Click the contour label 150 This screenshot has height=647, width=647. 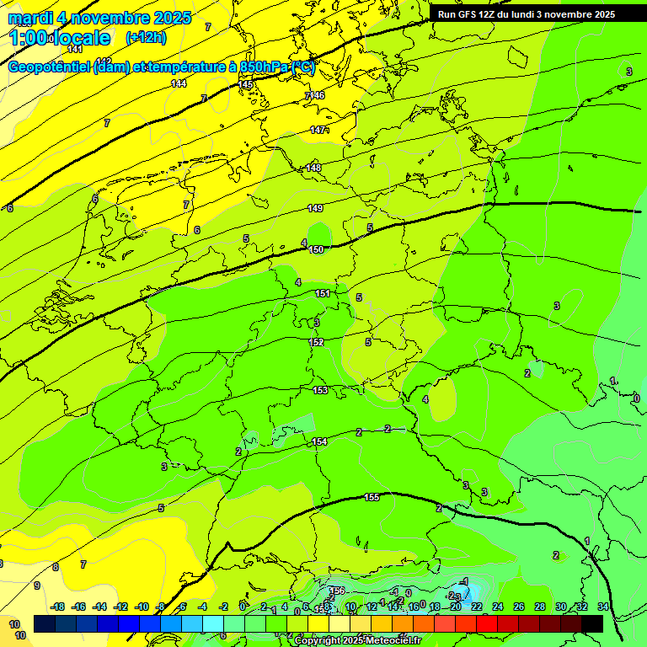pyautogui.click(x=316, y=249)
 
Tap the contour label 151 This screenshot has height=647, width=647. pyautogui.click(x=323, y=293)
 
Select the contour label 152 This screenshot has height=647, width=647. pyautogui.click(x=317, y=342)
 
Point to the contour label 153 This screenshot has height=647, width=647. pyautogui.click(x=320, y=390)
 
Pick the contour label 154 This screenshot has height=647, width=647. pyautogui.click(x=319, y=441)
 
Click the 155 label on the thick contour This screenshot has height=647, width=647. pyautogui.click(x=372, y=497)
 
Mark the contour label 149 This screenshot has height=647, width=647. pyautogui.click(x=315, y=208)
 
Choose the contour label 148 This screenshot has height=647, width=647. pyautogui.click(x=313, y=168)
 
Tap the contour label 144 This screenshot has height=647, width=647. pyautogui.click(x=179, y=83)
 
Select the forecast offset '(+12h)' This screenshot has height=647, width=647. pyautogui.click(x=146, y=37)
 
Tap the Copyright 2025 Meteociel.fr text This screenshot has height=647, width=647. pyautogui.click(x=357, y=641)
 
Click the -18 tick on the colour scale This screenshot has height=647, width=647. pyautogui.click(x=58, y=607)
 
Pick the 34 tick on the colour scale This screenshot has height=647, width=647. pyautogui.click(x=602, y=607)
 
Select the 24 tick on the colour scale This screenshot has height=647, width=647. pyautogui.click(x=498, y=607)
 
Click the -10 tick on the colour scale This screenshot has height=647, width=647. pyautogui.click(x=142, y=607)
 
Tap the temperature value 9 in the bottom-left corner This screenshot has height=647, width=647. pyautogui.click(x=36, y=586)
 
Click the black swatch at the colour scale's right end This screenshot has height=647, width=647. pyautogui.click(x=592, y=623)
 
